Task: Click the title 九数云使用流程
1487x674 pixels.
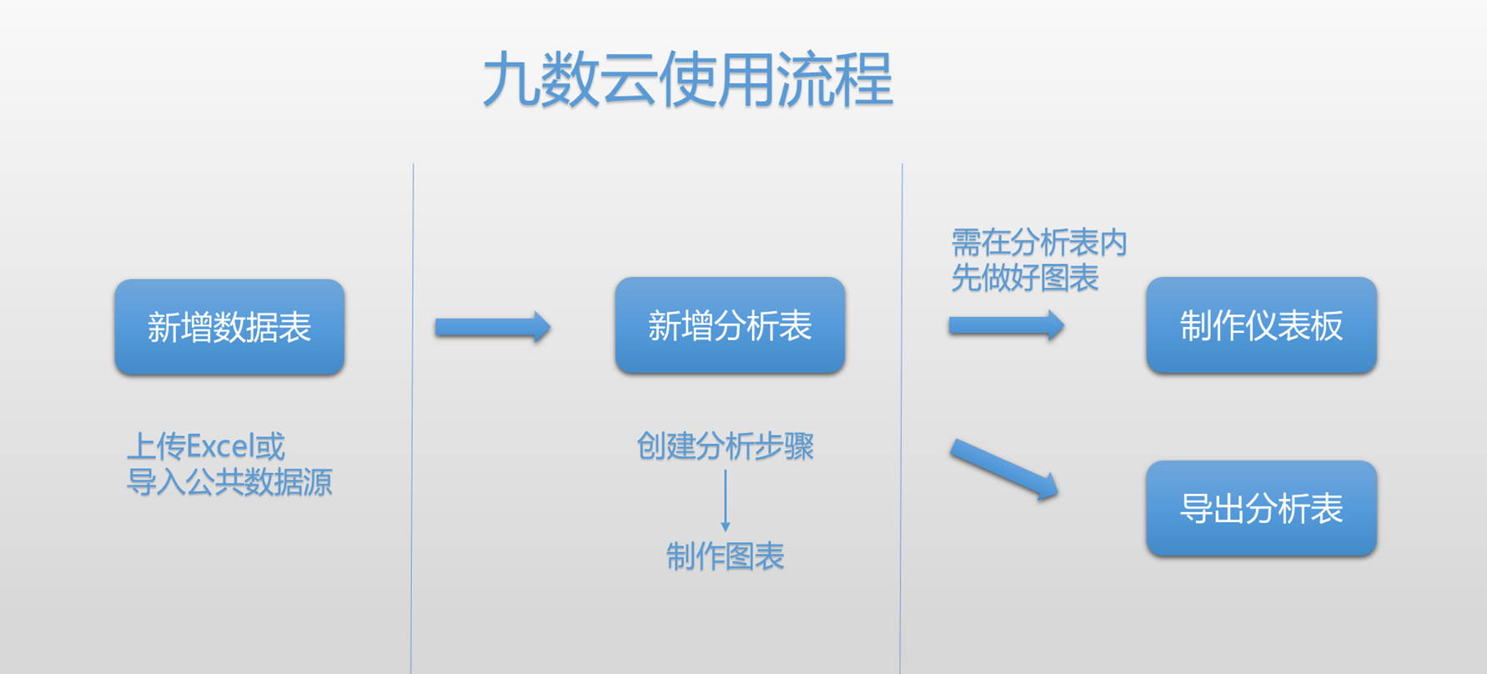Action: pos(688,79)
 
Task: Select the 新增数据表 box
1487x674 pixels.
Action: pos(229,327)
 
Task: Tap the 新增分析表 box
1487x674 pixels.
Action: pos(730,325)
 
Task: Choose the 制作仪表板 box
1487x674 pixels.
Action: pos(1261,325)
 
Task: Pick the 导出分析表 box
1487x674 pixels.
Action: pos(1261,508)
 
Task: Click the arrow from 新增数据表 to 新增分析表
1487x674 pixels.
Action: pos(492,327)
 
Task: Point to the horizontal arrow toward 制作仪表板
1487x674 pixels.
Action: pos(1006,325)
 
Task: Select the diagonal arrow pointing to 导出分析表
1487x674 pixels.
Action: pos(1004,469)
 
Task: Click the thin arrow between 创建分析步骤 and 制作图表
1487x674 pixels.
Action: pos(726,500)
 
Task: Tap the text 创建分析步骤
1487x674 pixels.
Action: pos(725,446)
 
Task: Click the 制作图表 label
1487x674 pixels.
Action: pos(725,556)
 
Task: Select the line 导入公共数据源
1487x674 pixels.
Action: pos(229,482)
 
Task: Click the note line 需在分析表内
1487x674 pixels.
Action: pos(1039,243)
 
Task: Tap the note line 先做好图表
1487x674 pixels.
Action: pos(1025,278)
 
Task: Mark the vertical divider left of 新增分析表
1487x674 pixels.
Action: pos(412,417)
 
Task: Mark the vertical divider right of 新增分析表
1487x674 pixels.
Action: pos(902,417)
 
